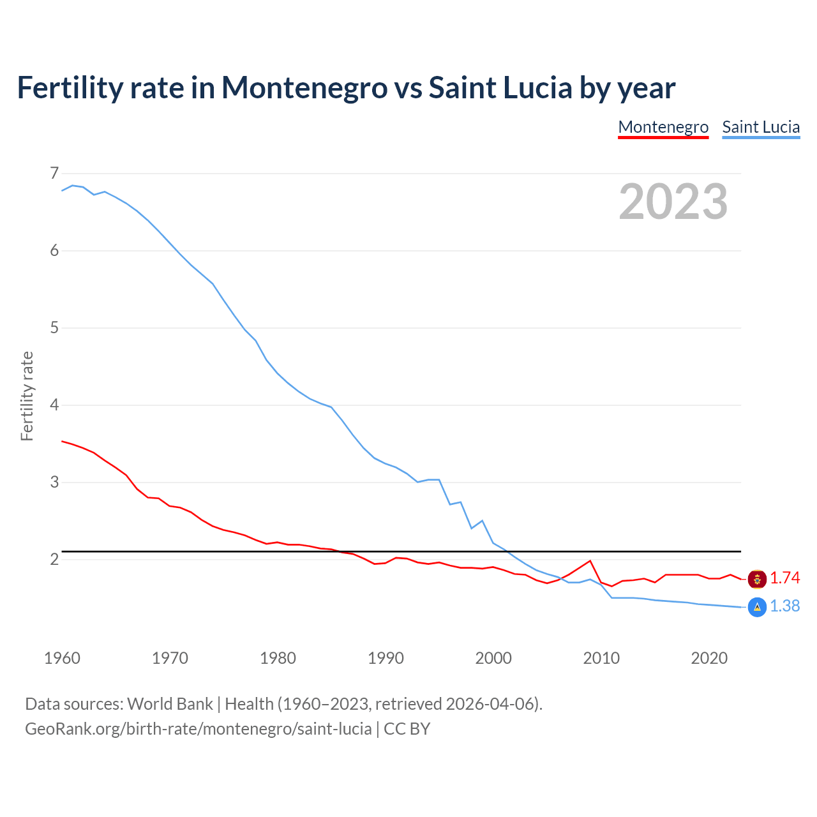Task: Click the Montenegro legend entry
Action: (x=663, y=127)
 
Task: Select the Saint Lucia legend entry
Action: (x=761, y=127)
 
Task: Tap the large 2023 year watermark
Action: (x=673, y=202)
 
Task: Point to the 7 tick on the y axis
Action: (x=54, y=173)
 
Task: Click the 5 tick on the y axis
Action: (x=54, y=327)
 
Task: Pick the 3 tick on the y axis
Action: (x=54, y=482)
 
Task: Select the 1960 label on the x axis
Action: (x=62, y=658)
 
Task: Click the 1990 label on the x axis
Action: (x=386, y=658)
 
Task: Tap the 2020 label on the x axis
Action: (x=709, y=658)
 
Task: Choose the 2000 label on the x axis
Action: (x=493, y=658)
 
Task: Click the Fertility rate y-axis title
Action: (x=27, y=396)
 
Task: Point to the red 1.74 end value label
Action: (x=784, y=578)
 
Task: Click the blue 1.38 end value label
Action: (x=784, y=606)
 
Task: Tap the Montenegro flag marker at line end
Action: (x=757, y=579)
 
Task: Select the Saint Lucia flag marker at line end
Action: (x=757, y=607)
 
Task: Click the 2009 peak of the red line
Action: (x=590, y=561)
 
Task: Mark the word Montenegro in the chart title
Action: (x=304, y=88)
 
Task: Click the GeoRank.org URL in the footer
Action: (x=198, y=729)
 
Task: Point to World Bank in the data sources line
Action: (x=170, y=704)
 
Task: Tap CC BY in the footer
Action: (x=407, y=729)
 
